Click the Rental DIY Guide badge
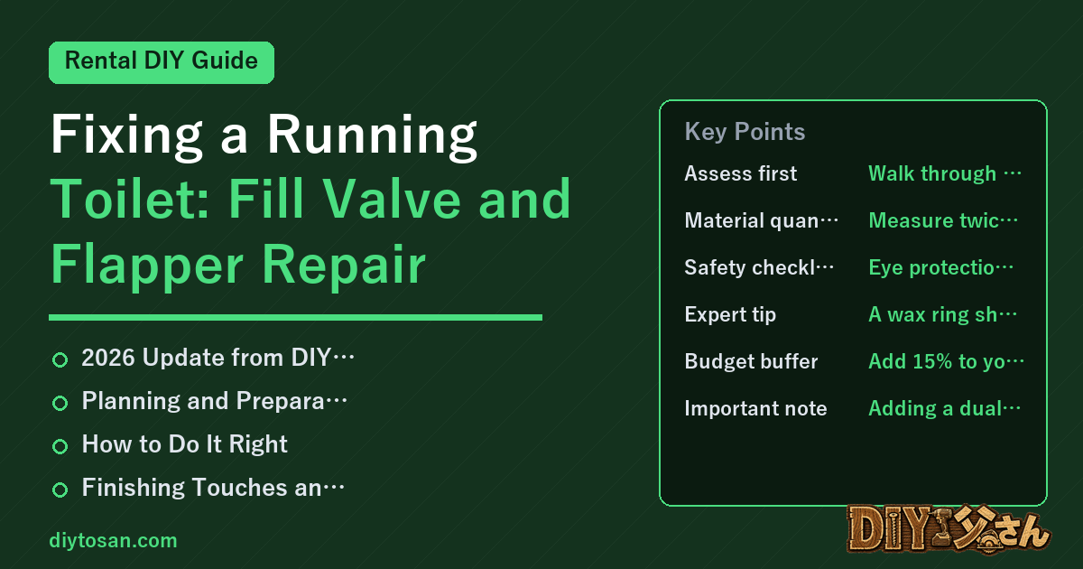162,62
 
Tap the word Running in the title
372,136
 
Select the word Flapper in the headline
147,266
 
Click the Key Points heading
745,132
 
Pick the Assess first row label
740,173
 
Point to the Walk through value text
945,173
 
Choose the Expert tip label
730,314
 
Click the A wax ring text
943,314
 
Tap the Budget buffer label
751,361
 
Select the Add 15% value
946,361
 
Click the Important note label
755,408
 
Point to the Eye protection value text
940,267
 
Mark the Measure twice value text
943,220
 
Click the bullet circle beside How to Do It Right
60,446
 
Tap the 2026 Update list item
218,358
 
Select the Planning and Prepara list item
214,401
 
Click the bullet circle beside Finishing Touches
60,490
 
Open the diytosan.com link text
113,540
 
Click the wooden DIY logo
949,529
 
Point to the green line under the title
295,317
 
